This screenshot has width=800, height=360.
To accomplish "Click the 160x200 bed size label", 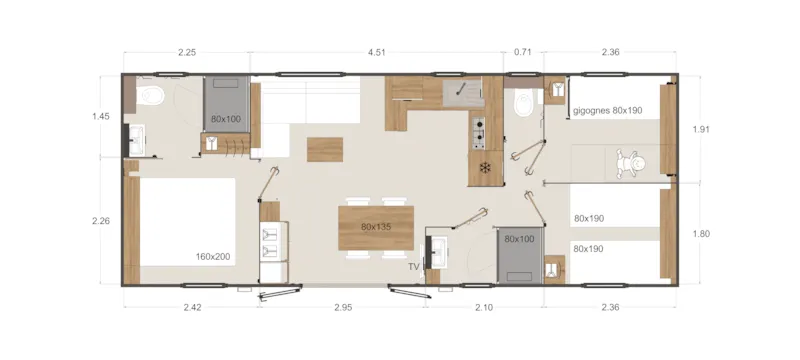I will (x=213, y=257).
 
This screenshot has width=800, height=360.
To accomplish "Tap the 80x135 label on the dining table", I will (x=375, y=227).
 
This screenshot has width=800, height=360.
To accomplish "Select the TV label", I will (x=413, y=267).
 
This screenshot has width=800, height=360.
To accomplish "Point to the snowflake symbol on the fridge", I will (x=486, y=167).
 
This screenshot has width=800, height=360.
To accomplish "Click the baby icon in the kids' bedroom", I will (x=631, y=162).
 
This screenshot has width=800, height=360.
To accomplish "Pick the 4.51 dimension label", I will (x=377, y=51).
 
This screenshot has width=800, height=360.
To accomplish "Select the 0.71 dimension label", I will (x=523, y=51).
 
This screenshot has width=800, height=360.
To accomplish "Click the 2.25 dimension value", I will (x=186, y=51).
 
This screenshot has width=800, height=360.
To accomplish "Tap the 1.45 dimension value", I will (x=100, y=117).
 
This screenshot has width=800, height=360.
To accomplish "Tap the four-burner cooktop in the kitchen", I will (x=478, y=129).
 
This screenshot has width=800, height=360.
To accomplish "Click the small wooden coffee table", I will (x=324, y=148).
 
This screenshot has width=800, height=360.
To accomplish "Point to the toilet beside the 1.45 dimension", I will (x=151, y=97).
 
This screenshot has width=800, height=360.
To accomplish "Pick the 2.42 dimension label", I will (x=193, y=307).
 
